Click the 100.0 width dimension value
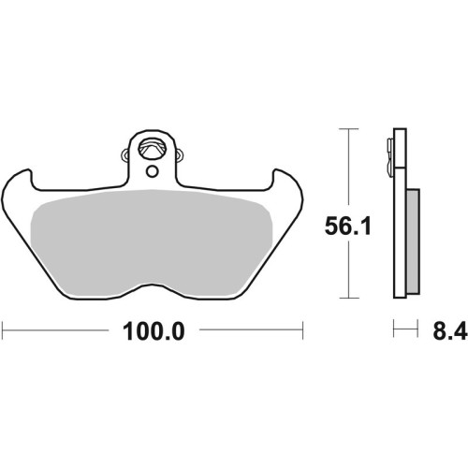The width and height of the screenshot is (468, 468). pyautogui.click(x=154, y=332)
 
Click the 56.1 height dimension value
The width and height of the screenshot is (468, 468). pyautogui.click(x=348, y=227)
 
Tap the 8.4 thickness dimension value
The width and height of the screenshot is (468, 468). pyautogui.click(x=449, y=331)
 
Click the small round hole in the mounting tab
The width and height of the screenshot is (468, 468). pyautogui.click(x=153, y=171)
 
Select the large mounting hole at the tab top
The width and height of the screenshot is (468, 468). pyautogui.click(x=152, y=150)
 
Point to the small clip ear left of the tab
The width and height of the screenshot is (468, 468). pyautogui.click(x=124, y=154)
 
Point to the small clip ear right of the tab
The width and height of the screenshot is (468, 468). pyautogui.click(x=180, y=154)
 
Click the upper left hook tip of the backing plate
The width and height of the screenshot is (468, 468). pyautogui.click(x=29, y=170)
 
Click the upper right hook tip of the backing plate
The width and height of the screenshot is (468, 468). pyautogui.click(x=276, y=170)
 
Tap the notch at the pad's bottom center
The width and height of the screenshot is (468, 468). pyautogui.click(x=152, y=285)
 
